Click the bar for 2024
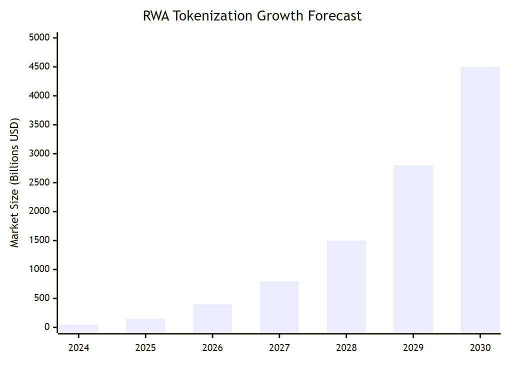(x=78, y=328)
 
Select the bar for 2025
(x=145, y=325)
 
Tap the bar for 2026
(x=212, y=318)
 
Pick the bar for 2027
(x=279, y=307)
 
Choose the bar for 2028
(x=346, y=286)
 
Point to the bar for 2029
(x=413, y=249)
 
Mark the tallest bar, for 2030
(x=480, y=200)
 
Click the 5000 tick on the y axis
(x=40, y=38)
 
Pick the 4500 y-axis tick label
(x=40, y=67)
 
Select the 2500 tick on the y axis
(x=40, y=182)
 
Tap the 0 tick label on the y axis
(x=47, y=327)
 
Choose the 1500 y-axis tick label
(x=40, y=240)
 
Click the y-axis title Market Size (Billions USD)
(x=14, y=182)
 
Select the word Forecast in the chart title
(x=334, y=16)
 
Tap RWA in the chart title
(x=154, y=16)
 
